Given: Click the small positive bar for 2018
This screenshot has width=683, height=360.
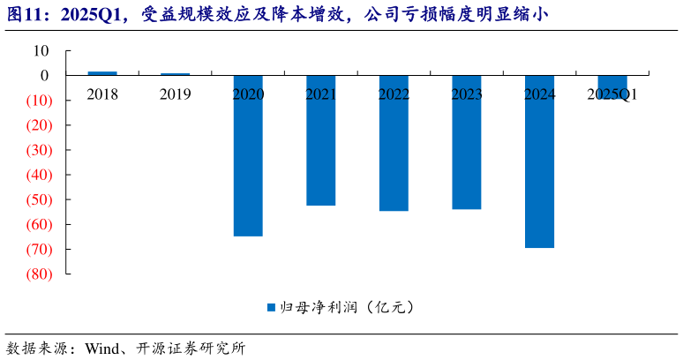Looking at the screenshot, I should click(102, 73).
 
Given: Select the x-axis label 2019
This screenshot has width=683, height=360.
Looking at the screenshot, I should click(175, 94).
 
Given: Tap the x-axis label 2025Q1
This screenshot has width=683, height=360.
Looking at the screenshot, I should click(612, 94).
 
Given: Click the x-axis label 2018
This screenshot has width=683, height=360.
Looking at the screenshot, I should click(102, 94).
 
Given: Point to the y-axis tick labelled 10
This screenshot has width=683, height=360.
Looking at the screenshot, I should click(41, 51).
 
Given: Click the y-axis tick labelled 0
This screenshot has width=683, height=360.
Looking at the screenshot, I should click(45, 76).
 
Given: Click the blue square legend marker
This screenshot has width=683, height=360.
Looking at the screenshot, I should click(272, 308).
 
